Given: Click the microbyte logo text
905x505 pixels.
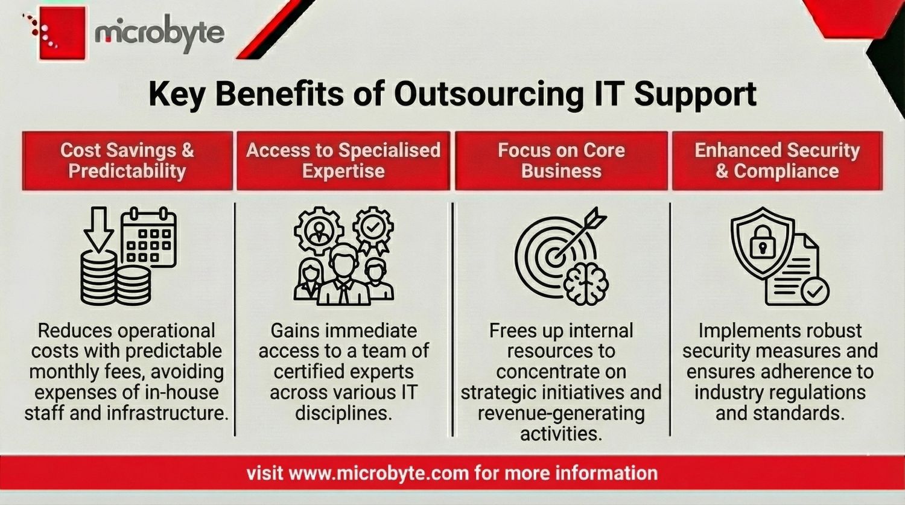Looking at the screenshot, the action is (159, 33).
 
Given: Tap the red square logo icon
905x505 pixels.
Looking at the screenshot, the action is (63, 33).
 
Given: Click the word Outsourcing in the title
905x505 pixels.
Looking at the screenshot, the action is (489, 94).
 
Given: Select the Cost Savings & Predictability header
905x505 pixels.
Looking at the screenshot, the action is (127, 160).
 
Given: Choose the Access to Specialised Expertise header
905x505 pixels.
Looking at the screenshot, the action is (343, 160).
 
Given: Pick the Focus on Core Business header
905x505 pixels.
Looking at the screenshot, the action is (561, 160).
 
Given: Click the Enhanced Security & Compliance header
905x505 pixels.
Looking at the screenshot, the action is (777, 160).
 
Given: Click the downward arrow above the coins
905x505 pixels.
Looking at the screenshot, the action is (98, 229).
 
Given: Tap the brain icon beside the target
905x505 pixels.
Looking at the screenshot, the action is (585, 283).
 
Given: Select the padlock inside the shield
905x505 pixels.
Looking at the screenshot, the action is (763, 242).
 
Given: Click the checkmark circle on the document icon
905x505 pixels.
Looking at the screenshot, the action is (815, 290).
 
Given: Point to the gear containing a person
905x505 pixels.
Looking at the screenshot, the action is (319, 230).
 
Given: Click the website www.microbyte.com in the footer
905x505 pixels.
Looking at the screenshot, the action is (379, 473).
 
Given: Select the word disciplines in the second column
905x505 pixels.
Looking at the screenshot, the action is (343, 413).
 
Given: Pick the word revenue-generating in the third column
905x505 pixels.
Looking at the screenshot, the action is (561, 413).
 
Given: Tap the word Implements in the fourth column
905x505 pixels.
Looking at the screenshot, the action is (740, 331).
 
